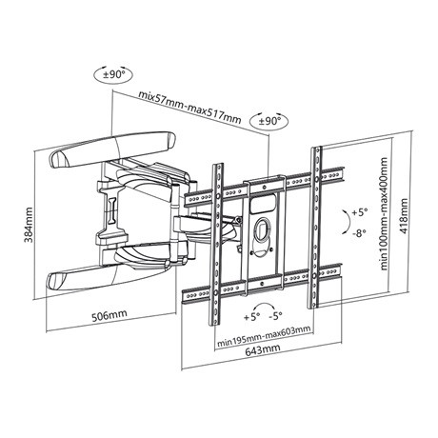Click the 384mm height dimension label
29,225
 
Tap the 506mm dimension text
109,315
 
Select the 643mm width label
263,348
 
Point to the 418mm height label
404,216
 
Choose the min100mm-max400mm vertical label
384,213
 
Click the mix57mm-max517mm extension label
189,107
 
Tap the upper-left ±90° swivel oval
113,75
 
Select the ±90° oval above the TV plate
269,121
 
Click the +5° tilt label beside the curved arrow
359,212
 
